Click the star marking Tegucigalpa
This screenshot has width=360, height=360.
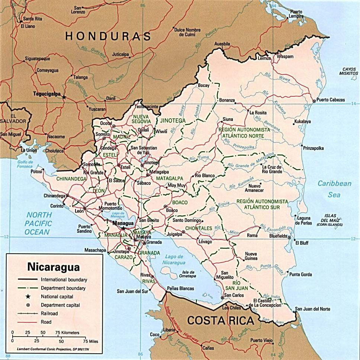[x=64, y=97]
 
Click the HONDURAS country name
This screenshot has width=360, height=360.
[x=108, y=36]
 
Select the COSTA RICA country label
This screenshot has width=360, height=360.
[x=221, y=320]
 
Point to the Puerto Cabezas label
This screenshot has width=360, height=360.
[x=331, y=100]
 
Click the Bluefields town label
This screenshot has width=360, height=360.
[x=278, y=236]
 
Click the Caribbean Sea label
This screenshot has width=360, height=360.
[x=334, y=189]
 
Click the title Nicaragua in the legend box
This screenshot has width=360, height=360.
[x=53, y=267]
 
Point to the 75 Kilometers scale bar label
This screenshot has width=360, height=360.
[x=67, y=332]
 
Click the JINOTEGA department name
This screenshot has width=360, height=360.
[x=173, y=120]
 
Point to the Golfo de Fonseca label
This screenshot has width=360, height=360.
[x=25, y=164]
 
